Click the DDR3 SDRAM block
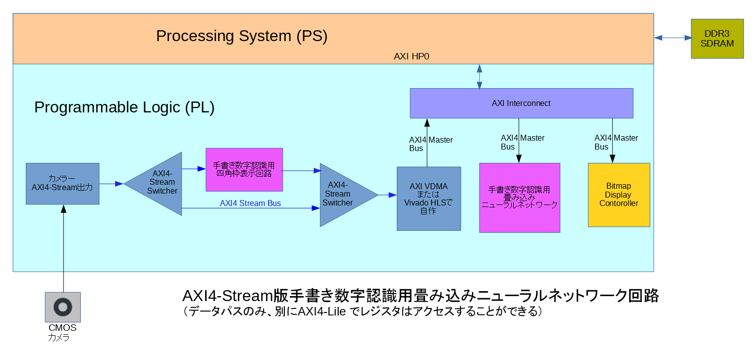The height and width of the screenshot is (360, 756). (717, 39)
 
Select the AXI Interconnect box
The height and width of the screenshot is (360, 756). (521, 103)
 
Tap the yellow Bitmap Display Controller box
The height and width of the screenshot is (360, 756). (618, 195)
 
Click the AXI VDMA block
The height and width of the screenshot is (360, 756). (429, 199)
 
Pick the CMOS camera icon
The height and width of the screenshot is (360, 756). (63, 307)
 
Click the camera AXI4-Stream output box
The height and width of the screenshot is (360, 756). (62, 183)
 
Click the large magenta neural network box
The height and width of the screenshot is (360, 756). (519, 198)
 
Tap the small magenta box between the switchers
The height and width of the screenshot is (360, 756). (244, 169)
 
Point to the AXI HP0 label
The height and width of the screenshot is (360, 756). (411, 56)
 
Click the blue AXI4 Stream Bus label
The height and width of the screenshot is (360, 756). (250, 203)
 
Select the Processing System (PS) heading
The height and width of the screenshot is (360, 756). (242, 36)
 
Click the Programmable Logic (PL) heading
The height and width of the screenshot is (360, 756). (124, 107)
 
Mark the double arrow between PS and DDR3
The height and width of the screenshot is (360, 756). (672, 38)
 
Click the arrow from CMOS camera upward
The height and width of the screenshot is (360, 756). (63, 248)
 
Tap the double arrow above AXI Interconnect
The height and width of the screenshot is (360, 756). (479, 76)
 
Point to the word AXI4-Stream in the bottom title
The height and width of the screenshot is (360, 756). (228, 296)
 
